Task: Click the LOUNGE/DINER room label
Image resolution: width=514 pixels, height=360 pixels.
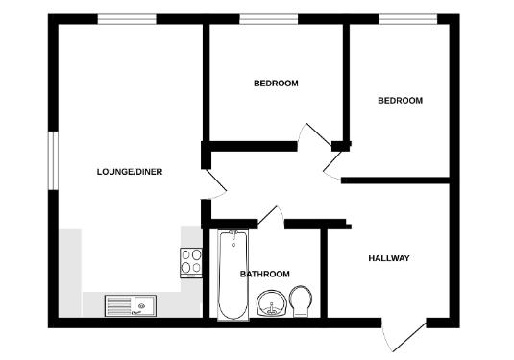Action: tap(130, 172)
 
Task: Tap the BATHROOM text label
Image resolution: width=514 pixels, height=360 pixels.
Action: tap(264, 274)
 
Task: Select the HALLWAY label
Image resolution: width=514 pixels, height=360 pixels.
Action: tap(389, 258)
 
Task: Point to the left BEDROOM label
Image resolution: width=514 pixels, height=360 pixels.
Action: tap(276, 84)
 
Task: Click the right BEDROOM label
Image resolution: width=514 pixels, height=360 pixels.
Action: tap(400, 101)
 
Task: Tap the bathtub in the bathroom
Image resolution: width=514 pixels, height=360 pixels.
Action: tap(232, 276)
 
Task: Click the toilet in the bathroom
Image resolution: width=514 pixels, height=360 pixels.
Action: tap(301, 300)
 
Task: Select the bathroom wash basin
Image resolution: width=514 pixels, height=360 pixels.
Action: tap(275, 305)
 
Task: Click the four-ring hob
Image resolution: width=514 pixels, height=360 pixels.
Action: tap(191, 261)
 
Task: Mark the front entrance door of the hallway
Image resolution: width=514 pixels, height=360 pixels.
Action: tap(404, 336)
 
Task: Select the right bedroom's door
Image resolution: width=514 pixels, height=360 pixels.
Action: tap(335, 164)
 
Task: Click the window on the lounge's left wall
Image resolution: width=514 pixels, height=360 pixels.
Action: tap(54, 157)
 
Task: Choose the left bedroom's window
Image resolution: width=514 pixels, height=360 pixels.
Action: tap(268, 18)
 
